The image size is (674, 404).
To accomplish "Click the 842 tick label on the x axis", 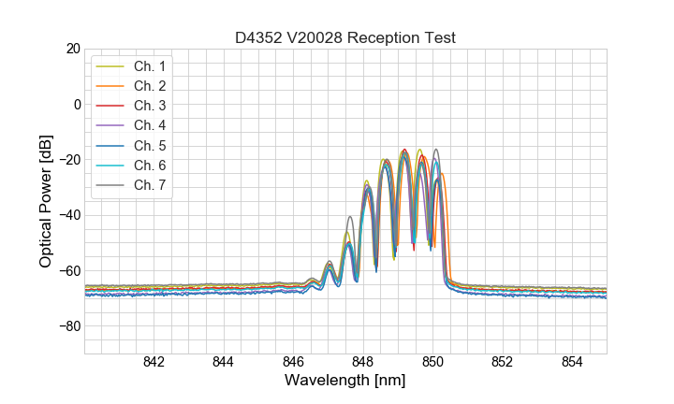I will [154, 363].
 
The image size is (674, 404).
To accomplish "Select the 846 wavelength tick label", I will [293, 363].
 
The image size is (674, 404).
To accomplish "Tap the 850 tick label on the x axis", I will [432, 363].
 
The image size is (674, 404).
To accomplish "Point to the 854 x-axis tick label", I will [572, 363].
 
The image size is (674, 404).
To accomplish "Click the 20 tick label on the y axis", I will [73, 48].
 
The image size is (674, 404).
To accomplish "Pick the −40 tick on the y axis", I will [69, 215].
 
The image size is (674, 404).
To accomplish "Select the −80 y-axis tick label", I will [69, 326].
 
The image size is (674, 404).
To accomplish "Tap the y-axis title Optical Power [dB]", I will [46, 201].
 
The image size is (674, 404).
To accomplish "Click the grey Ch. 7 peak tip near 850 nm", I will [435, 150].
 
